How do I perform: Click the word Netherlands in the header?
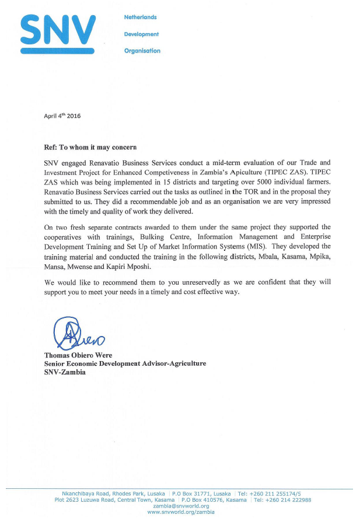click(x=140, y=17)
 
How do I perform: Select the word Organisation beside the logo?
click(x=142, y=51)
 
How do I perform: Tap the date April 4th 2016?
click(x=62, y=116)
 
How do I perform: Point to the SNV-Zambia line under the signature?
click(x=65, y=372)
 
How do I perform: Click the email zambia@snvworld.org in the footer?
click(x=180, y=506)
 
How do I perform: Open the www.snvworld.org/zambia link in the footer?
click(x=180, y=512)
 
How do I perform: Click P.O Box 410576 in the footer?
click(x=214, y=500)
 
